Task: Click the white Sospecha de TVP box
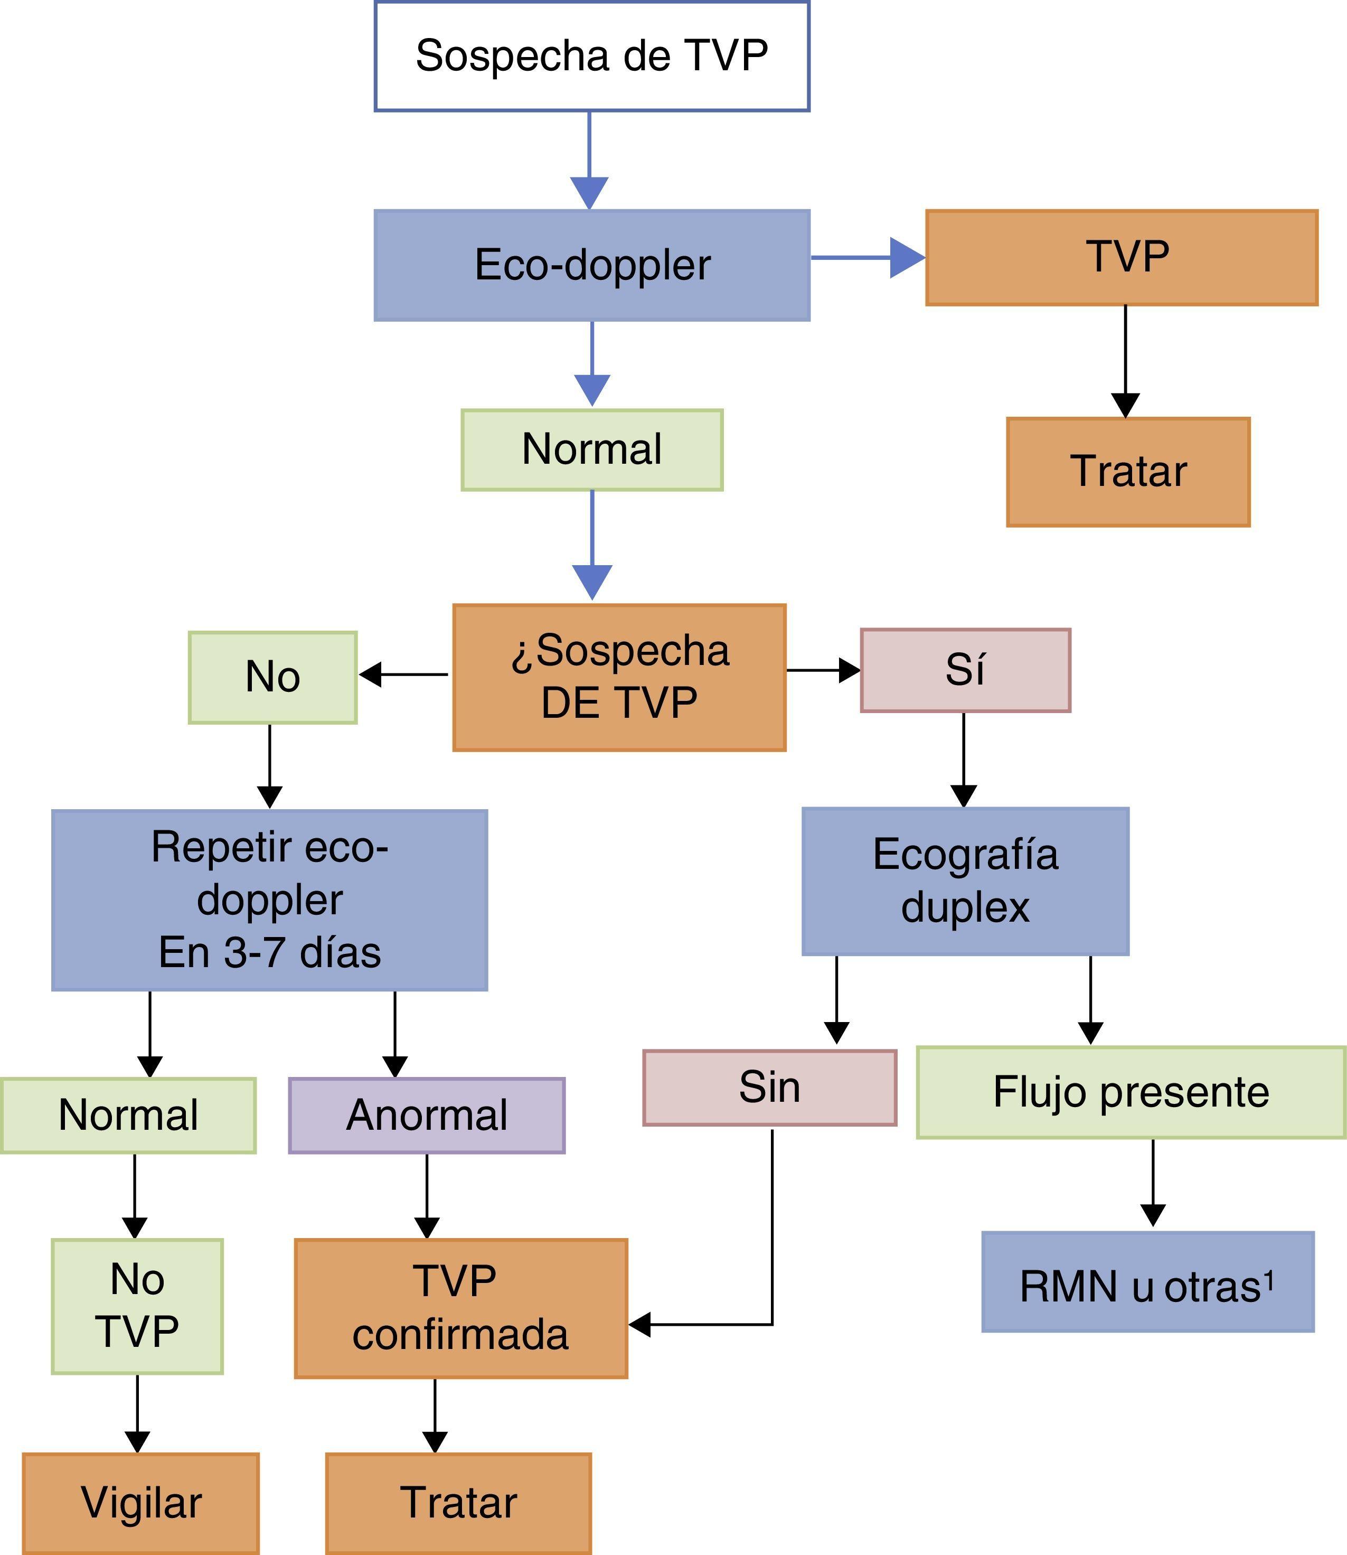click(591, 57)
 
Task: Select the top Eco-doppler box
click(591, 265)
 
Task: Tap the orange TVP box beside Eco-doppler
click(1122, 257)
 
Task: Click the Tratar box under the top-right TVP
click(1127, 472)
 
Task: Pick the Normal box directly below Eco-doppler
click(591, 449)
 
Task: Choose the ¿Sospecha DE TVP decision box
click(619, 677)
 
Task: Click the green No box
click(272, 677)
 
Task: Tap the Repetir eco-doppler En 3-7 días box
click(269, 900)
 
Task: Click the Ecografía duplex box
click(965, 880)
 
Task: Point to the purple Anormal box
click(426, 1115)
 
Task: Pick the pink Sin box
click(769, 1088)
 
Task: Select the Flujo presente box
click(1131, 1092)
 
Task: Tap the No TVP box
click(137, 1306)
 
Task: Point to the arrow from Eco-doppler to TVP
click(868, 257)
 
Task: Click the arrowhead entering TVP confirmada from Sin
click(639, 1324)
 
